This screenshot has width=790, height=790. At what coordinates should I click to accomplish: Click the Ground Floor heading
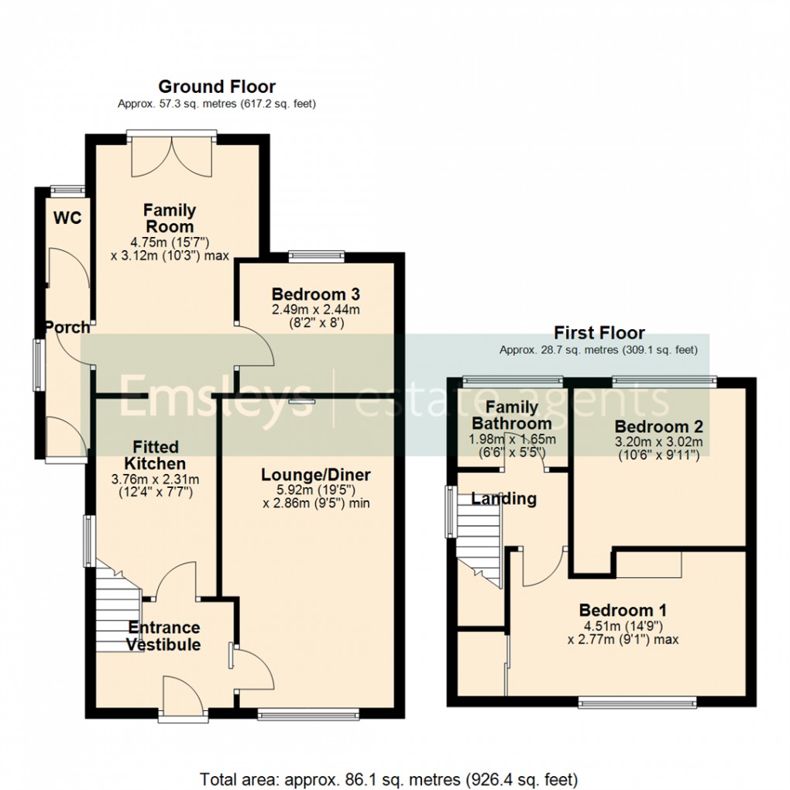(x=217, y=87)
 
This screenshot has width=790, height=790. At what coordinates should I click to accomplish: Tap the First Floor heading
(x=599, y=334)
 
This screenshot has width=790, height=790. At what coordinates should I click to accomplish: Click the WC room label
(x=67, y=218)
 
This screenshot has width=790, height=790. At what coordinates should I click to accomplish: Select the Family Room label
(x=170, y=218)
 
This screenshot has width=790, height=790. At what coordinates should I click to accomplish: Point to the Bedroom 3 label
(x=315, y=294)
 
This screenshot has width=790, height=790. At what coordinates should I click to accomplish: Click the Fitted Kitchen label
(x=155, y=455)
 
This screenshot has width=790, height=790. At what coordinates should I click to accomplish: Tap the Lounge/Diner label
(x=316, y=475)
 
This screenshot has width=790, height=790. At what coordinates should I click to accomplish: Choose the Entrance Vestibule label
(x=163, y=636)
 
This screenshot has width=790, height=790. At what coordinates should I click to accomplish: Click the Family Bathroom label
(x=512, y=415)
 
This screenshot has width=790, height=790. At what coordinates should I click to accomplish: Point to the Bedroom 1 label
(x=623, y=610)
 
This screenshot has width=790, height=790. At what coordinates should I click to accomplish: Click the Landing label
(x=504, y=499)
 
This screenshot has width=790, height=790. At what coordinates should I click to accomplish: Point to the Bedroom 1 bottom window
(x=637, y=702)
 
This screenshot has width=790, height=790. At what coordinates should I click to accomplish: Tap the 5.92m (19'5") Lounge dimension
(x=316, y=490)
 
